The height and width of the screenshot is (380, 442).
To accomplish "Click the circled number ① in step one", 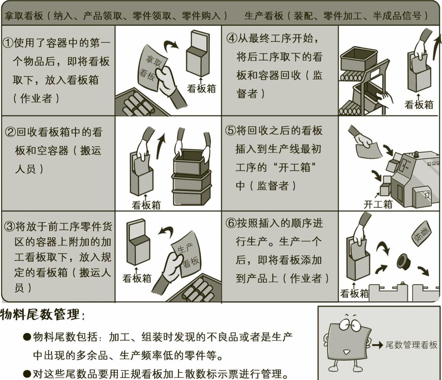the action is click(x=8, y=43).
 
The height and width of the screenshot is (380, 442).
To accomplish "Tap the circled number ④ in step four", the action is click(x=232, y=39).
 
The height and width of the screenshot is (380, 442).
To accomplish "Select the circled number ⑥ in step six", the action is click(x=231, y=223).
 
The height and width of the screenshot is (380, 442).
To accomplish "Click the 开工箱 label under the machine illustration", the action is click(x=378, y=204).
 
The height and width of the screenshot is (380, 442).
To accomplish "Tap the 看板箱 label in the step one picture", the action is click(x=202, y=88).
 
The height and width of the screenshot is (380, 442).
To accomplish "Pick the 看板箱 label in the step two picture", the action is click(x=146, y=205).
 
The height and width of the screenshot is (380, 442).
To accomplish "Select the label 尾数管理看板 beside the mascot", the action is click(x=411, y=345).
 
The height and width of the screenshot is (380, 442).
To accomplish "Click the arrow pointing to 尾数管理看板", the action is click(x=378, y=345).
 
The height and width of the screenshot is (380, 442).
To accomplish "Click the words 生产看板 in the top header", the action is click(x=264, y=15).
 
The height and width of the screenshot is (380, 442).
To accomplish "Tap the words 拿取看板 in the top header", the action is click(x=24, y=15).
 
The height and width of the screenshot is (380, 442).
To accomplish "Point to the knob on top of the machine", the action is click(x=416, y=154).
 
